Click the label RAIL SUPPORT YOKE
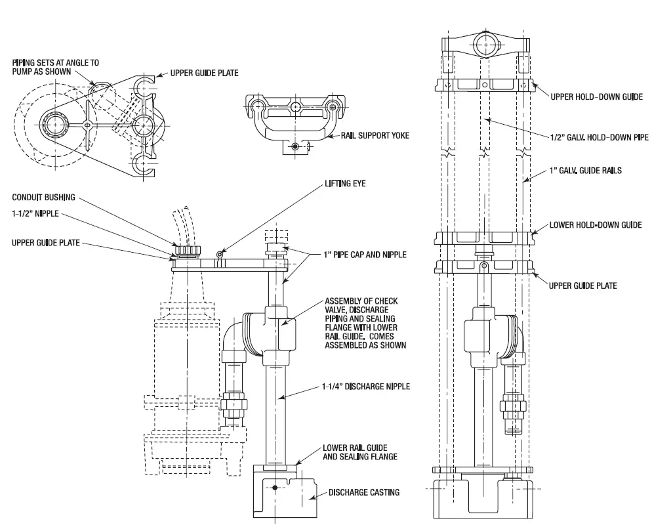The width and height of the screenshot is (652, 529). [x=375, y=136]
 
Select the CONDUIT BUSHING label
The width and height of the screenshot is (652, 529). [x=43, y=197]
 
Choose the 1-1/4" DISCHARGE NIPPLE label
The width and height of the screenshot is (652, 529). [x=365, y=387]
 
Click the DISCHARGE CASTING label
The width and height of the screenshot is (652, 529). [x=363, y=492]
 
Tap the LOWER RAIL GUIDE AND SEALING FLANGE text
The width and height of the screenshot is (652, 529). [x=359, y=453]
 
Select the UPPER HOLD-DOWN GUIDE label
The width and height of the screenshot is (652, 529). [x=596, y=96]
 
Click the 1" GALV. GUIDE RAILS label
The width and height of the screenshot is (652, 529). [x=586, y=170]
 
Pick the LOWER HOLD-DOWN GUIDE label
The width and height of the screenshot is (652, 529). [x=596, y=225]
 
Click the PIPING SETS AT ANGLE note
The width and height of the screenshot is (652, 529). [x=56, y=66]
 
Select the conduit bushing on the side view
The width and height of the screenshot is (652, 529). [x=188, y=250]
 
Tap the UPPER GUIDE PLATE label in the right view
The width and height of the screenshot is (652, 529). [x=582, y=286]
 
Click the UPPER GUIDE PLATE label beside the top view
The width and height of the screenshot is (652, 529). [x=204, y=73]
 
